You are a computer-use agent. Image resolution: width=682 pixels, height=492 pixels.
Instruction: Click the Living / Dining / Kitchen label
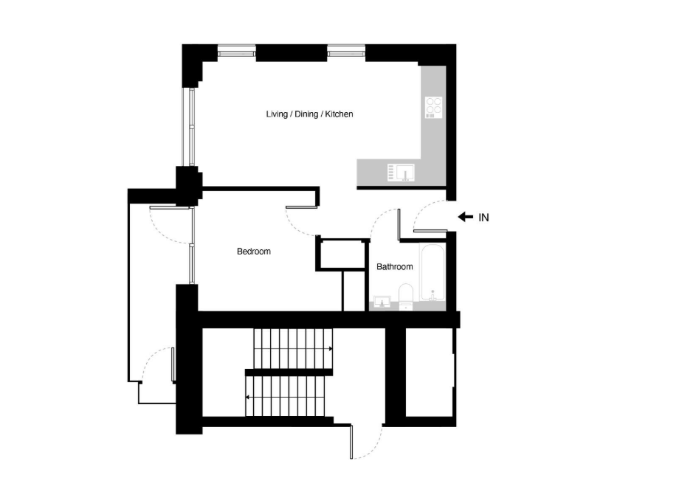[309, 114]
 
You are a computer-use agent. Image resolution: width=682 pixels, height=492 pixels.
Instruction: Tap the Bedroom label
[254, 252]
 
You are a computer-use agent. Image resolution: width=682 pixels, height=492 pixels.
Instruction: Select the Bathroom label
[394, 266]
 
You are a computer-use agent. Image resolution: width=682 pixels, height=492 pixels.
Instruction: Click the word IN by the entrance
[483, 218]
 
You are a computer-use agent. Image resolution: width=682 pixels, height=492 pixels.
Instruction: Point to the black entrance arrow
[466, 217]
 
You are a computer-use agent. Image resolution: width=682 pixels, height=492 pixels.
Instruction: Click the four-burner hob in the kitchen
[434, 108]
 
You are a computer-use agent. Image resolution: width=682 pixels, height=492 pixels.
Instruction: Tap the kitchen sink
[401, 173]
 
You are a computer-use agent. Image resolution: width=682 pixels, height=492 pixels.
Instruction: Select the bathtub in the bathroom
[433, 272]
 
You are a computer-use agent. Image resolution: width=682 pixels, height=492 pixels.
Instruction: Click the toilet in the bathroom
[406, 297]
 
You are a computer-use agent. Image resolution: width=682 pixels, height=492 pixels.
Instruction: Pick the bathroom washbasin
[382, 302]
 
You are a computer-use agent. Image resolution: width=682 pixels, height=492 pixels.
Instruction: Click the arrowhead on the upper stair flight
[331, 349]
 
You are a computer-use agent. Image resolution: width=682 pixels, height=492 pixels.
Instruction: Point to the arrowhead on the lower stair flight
[247, 398]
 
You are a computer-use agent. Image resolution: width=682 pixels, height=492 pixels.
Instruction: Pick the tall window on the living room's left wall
[191, 127]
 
